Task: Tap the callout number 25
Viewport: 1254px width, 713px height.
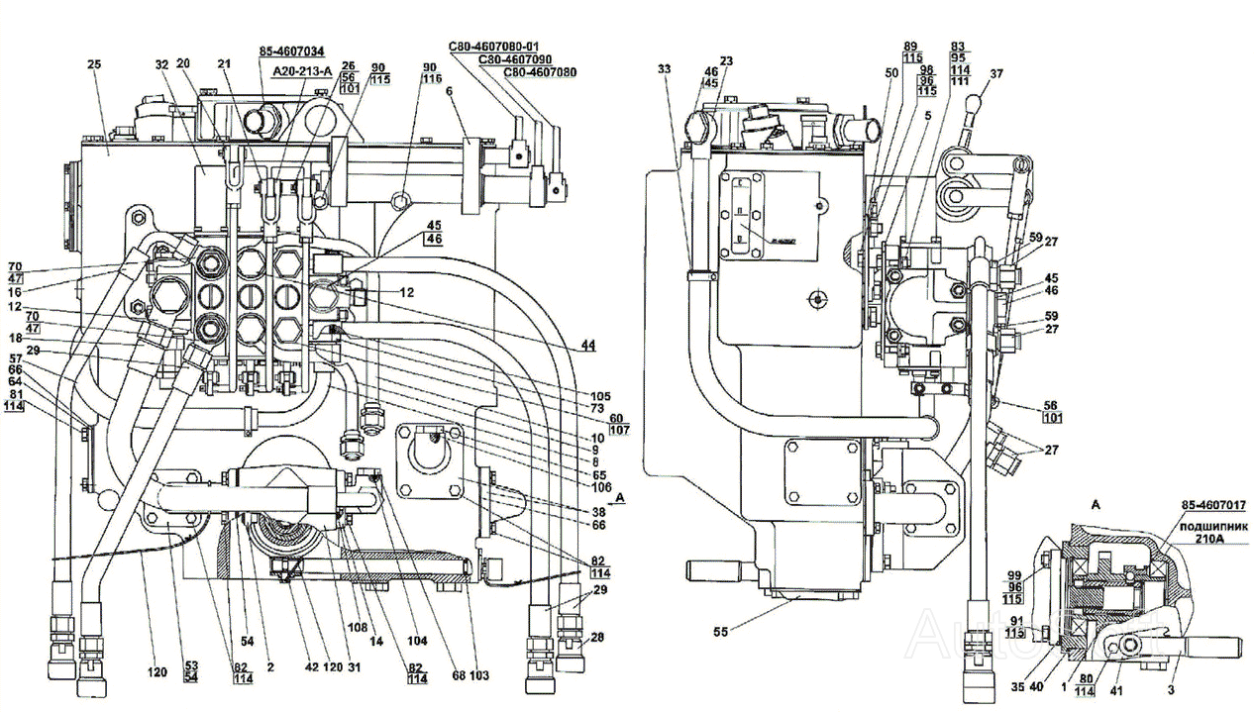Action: pos(94,64)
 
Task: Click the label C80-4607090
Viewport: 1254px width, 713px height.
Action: pos(517,59)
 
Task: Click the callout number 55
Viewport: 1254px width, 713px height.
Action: pos(721,630)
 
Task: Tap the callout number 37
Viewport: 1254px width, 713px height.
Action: pos(995,73)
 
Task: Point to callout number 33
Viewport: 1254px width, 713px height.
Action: pos(663,68)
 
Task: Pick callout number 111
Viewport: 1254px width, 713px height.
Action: pos(960,80)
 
